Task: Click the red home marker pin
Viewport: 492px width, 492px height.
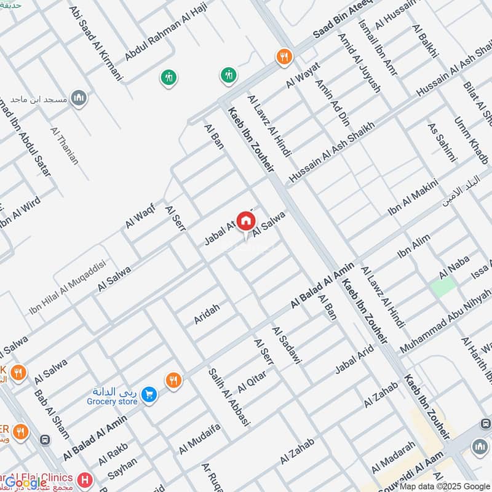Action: [x=245, y=220]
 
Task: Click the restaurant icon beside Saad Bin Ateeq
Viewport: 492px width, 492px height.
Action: [x=284, y=56]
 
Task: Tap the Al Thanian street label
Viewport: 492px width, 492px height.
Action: [x=65, y=146]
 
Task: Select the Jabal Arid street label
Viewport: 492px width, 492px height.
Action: [x=354, y=362]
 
